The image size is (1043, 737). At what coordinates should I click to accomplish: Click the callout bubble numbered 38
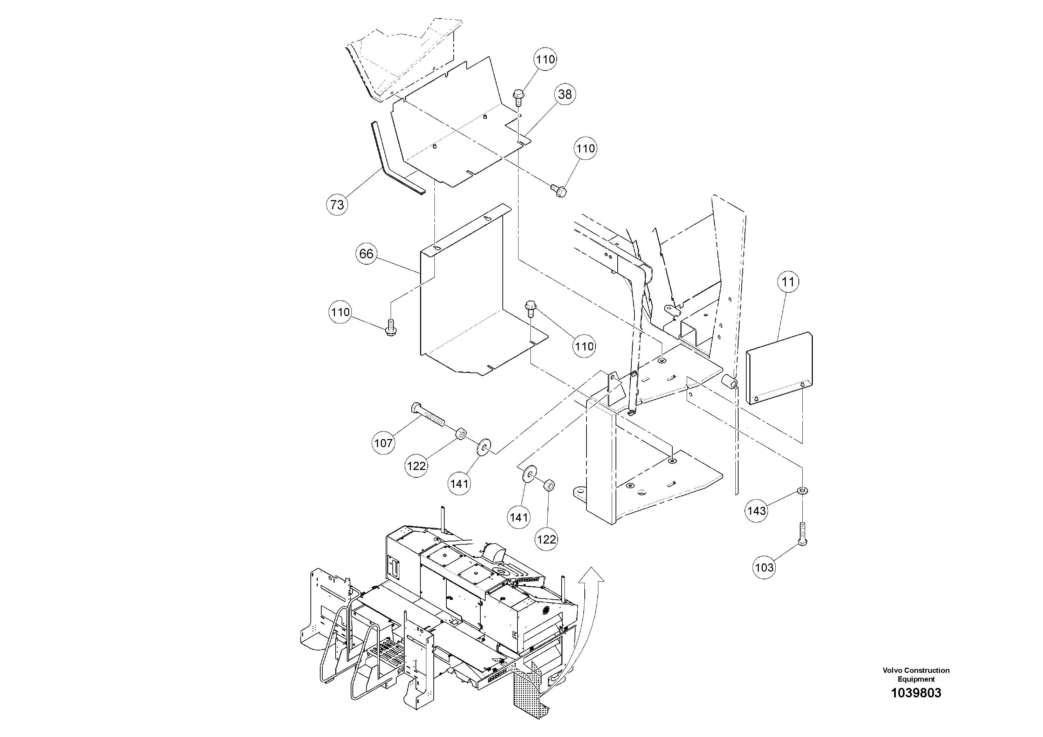click(565, 95)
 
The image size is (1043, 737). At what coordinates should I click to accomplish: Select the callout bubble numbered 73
click(337, 205)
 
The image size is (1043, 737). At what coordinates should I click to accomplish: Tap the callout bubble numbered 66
click(366, 253)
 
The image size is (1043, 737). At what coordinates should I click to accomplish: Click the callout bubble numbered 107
click(383, 443)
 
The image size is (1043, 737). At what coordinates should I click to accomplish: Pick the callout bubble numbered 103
click(764, 567)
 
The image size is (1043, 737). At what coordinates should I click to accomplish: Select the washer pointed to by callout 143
click(803, 491)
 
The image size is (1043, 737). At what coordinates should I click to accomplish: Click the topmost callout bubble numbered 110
click(545, 60)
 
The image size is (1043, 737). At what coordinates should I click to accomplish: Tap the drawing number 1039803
click(916, 706)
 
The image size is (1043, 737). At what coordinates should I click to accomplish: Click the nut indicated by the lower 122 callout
click(549, 486)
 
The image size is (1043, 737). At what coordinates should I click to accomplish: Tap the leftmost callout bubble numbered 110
click(340, 312)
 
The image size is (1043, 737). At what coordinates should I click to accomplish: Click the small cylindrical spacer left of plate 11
click(729, 382)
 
